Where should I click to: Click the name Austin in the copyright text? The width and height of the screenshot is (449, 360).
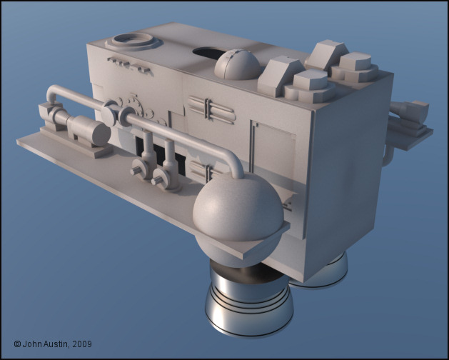(56, 344)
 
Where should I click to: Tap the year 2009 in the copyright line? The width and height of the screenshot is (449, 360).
(82, 344)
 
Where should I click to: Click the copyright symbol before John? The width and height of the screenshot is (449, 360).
(17, 344)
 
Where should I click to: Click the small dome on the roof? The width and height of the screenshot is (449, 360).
(238, 64)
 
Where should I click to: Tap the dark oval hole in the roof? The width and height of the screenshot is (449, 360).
(208, 53)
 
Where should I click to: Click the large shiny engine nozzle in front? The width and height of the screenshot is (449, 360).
(248, 304)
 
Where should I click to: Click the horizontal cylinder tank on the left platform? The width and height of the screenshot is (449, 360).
(89, 131)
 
